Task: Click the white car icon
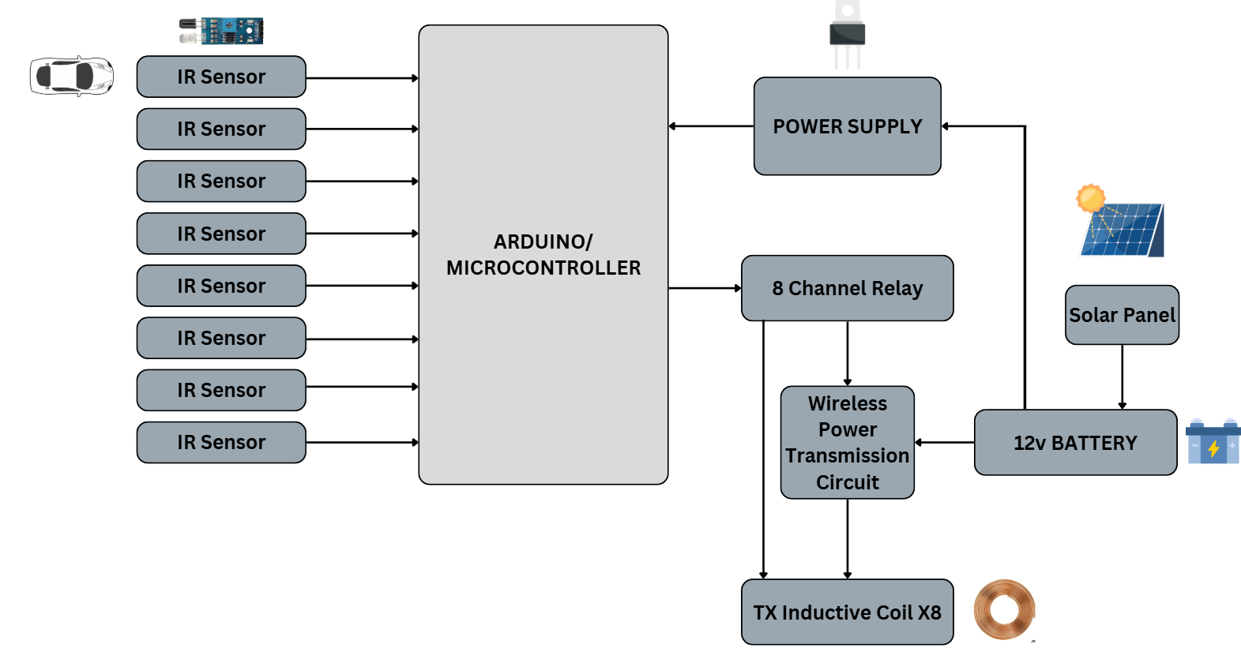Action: click(x=71, y=76)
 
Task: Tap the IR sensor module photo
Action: click(x=221, y=31)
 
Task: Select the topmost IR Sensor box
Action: click(x=221, y=77)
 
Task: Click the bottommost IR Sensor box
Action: click(x=221, y=442)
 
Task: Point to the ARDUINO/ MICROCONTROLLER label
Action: click(x=543, y=254)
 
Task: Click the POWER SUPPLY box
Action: click(x=847, y=126)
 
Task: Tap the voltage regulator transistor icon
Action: click(x=847, y=34)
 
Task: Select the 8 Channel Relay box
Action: click(x=847, y=288)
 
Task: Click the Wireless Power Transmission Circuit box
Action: click(x=847, y=442)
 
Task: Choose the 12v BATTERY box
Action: click(x=1075, y=442)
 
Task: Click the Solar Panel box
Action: click(x=1122, y=315)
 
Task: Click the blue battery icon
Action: click(x=1213, y=442)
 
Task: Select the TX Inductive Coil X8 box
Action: click(x=847, y=612)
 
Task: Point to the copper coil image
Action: click(x=1004, y=609)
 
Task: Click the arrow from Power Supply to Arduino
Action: click(x=711, y=126)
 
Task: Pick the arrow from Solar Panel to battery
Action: click(x=1122, y=376)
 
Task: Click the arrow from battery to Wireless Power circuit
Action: click(x=944, y=442)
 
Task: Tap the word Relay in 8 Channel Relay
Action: click(x=897, y=289)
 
